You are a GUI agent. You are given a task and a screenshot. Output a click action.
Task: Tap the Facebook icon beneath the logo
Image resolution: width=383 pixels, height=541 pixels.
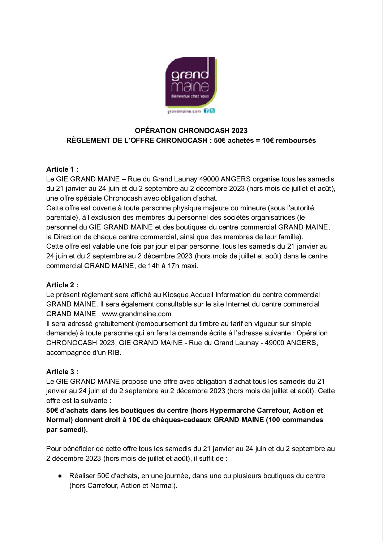point(206,111)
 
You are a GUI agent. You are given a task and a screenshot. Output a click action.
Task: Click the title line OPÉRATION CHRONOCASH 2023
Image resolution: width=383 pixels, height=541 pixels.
point(191,130)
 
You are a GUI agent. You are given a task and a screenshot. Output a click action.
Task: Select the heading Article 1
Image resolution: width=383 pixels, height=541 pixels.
point(62,169)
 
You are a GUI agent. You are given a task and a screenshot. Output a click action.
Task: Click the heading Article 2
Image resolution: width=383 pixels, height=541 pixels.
point(62,285)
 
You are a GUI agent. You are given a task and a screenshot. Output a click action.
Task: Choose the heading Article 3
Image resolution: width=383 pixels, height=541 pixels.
point(62,372)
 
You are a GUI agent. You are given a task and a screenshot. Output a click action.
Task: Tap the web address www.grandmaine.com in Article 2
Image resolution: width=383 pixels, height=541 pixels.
point(136,314)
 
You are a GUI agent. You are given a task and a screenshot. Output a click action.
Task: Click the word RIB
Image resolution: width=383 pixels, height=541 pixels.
point(114,352)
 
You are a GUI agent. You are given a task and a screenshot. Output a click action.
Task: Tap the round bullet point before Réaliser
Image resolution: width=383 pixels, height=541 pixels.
point(60,476)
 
